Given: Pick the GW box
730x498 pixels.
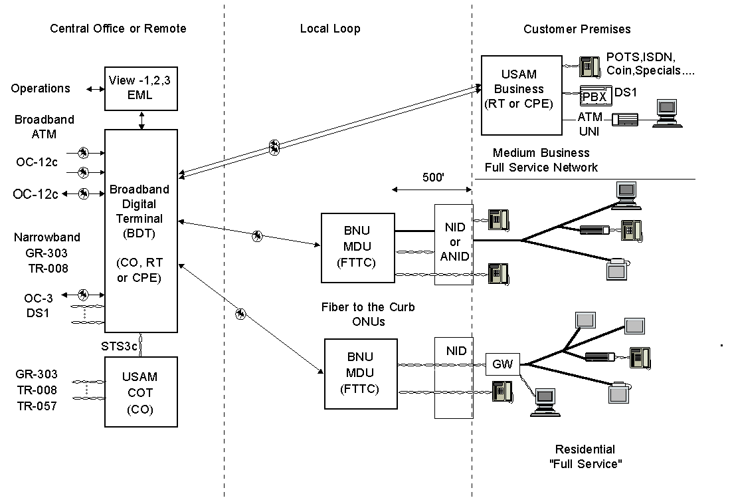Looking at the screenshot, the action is (503, 364).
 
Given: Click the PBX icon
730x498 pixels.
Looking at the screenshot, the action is (595, 96).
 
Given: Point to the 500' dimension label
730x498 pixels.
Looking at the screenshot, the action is (433, 178).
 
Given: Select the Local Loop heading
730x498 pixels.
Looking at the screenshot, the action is (330, 29).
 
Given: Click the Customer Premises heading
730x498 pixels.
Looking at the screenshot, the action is (577, 29).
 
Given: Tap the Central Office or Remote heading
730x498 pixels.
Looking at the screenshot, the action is (118, 29).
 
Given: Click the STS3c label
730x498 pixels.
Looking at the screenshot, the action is (119, 346).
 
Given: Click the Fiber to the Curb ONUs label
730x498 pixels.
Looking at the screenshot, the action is (368, 314).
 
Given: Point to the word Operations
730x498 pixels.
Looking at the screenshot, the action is (41, 88).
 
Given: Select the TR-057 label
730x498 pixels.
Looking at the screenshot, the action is (37, 406).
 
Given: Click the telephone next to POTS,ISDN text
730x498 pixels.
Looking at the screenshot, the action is (589, 66).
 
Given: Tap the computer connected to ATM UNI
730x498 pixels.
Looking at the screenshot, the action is (667, 113).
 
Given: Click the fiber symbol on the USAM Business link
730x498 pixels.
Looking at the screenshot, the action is (275, 148).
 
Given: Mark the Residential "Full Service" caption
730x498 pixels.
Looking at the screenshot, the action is (585, 457).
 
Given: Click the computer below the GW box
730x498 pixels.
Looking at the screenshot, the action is (545, 402).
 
